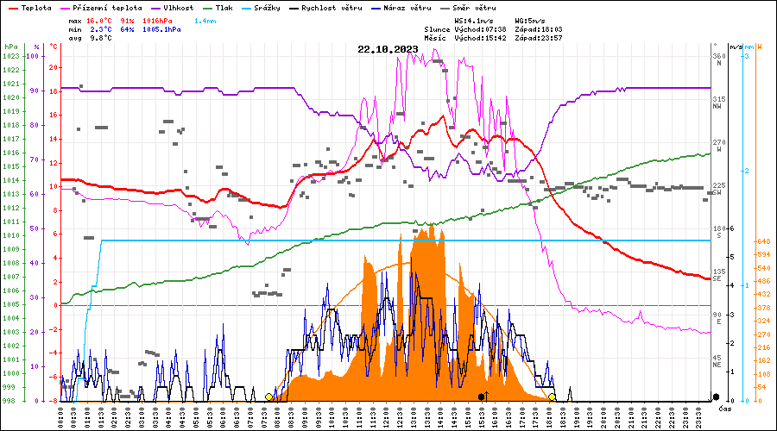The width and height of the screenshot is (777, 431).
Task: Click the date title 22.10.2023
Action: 388,49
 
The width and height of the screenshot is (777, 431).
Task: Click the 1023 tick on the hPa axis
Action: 10,56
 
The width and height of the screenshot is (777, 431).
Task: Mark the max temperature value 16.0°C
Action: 100,19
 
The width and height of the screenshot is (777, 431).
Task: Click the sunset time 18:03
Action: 551,28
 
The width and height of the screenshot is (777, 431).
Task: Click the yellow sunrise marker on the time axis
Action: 269,397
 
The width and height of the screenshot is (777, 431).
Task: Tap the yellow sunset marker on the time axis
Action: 552,397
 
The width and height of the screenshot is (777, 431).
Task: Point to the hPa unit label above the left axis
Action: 10,46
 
